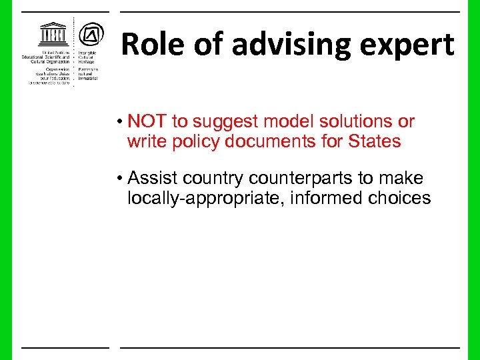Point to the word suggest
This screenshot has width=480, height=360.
(225, 122)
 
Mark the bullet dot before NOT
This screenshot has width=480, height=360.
(118, 123)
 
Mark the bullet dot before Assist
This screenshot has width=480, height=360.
(118, 179)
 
